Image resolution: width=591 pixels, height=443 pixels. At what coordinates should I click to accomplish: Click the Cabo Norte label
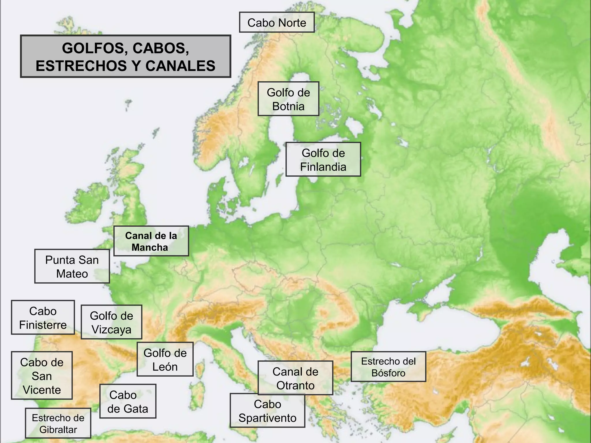(276, 22)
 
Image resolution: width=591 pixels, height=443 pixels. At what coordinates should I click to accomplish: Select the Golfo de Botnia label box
(288, 99)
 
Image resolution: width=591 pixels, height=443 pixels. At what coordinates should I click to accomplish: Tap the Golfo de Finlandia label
(323, 159)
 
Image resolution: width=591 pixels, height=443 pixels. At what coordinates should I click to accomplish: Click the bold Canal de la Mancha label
(151, 241)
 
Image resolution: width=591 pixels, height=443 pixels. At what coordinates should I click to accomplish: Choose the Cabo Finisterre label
(43, 318)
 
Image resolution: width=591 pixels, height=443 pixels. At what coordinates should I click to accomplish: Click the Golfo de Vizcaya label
(111, 322)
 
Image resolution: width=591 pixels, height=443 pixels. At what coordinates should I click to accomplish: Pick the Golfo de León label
(165, 359)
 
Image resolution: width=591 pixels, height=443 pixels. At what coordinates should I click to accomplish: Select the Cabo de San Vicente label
(42, 376)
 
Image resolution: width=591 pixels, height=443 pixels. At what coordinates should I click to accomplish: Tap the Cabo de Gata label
(128, 401)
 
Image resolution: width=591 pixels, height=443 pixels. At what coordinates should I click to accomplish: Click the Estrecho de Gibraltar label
(58, 423)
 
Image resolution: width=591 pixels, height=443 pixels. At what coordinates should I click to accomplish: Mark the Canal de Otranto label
(295, 378)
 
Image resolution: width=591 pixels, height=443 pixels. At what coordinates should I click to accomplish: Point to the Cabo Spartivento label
(267, 411)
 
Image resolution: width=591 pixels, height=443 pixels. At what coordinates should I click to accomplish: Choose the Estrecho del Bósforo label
(388, 367)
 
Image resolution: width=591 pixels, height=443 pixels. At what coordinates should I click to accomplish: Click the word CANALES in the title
(181, 66)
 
